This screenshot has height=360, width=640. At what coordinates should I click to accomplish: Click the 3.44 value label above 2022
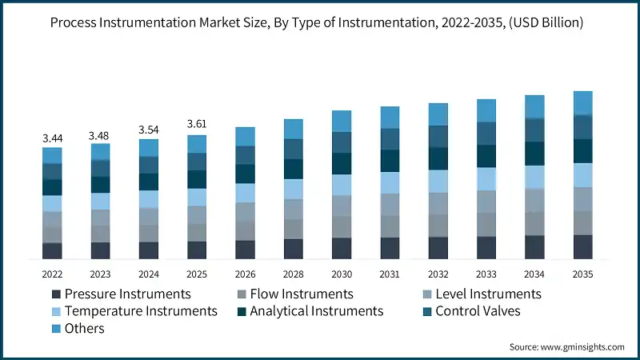click(x=52, y=138)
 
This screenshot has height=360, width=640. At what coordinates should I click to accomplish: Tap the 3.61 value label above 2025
click(x=197, y=124)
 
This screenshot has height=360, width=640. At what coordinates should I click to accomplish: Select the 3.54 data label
click(x=149, y=129)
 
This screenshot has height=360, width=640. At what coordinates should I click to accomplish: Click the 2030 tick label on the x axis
click(x=342, y=273)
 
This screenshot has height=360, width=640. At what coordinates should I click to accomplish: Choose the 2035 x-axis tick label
click(x=582, y=273)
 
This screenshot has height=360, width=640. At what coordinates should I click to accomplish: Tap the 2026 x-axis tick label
click(x=245, y=273)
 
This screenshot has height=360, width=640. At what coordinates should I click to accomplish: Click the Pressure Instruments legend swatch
click(x=54, y=294)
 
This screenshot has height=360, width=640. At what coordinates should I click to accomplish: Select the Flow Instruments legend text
click(x=301, y=294)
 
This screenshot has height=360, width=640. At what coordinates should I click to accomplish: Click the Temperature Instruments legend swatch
click(x=54, y=311)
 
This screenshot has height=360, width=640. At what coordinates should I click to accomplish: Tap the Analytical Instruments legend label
click(x=316, y=310)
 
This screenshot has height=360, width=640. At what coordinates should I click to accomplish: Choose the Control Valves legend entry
click(x=478, y=310)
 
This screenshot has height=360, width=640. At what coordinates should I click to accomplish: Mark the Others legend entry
click(x=84, y=328)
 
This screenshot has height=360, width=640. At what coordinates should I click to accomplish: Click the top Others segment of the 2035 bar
click(x=582, y=102)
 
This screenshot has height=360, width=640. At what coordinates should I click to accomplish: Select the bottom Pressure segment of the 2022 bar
click(x=52, y=250)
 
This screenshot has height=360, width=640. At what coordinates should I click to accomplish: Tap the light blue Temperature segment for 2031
click(x=390, y=182)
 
